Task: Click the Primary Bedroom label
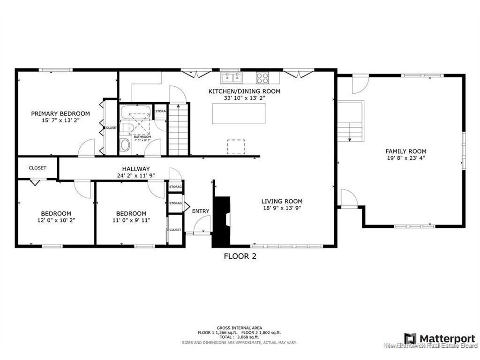click(60, 113)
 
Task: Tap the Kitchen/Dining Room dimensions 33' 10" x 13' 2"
click(244, 98)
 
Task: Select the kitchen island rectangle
click(239, 113)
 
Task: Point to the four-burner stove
click(262, 77)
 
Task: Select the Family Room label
click(405, 151)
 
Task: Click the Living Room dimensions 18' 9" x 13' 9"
click(282, 209)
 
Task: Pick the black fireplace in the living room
click(222, 220)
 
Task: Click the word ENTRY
click(201, 211)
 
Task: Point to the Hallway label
click(136, 169)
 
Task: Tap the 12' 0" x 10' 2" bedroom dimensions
click(56, 220)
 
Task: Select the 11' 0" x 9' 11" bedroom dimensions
click(131, 220)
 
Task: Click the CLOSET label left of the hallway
click(37, 168)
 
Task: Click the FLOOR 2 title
click(240, 256)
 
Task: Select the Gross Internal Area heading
click(240, 328)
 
